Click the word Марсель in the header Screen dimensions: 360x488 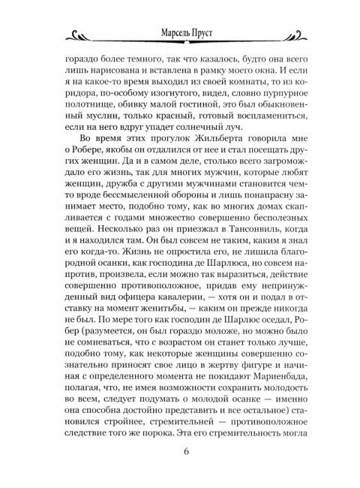[x=163, y=33]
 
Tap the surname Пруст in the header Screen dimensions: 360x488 [x=201, y=33]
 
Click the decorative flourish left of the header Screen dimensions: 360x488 [x=94, y=35]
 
